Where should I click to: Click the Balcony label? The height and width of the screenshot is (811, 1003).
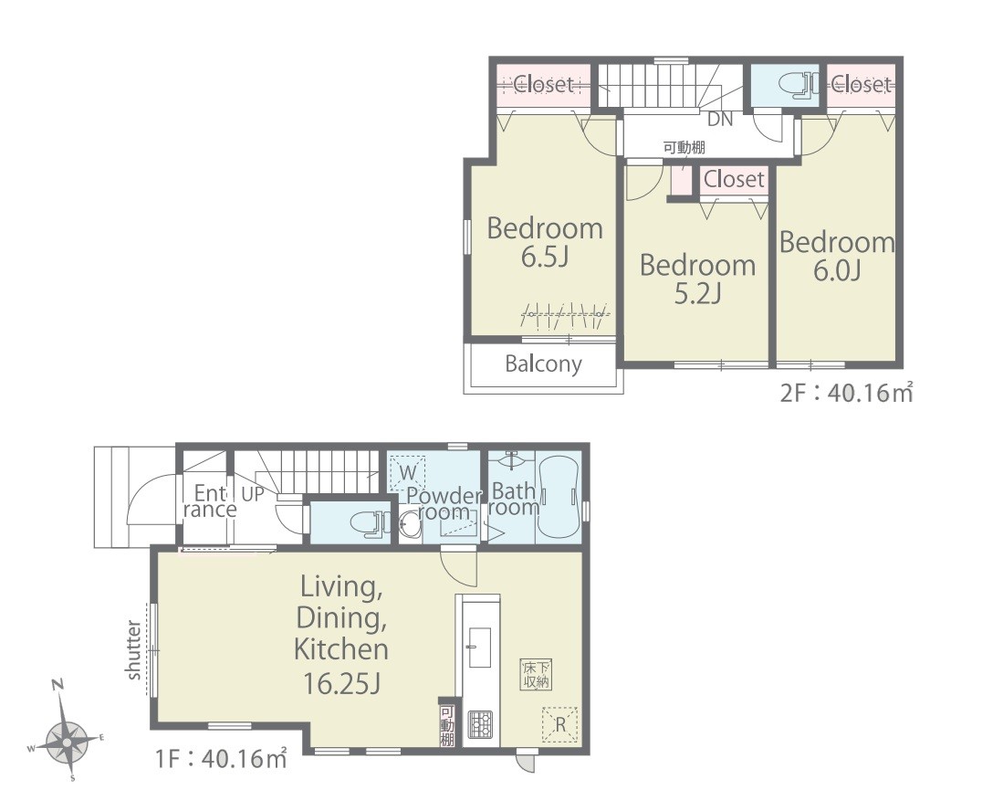pos(543,363)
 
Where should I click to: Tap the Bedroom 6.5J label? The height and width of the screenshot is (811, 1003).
pos(545,242)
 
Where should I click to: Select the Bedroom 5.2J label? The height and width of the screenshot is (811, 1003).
pos(698,279)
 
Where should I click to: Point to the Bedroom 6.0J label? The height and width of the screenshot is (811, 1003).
pos(837,256)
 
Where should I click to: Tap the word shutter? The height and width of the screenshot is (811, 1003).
pos(133,649)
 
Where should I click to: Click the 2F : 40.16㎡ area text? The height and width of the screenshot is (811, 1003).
pos(846,392)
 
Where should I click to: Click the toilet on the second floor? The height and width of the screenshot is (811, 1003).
pos(797,86)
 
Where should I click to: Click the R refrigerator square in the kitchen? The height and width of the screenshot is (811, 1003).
pos(559,724)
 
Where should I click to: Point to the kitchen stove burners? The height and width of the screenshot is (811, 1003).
pos(480,724)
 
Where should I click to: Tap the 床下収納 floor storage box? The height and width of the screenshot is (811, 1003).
pos(536,674)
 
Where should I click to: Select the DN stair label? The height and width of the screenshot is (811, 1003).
pos(720,119)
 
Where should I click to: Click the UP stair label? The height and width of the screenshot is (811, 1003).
pos(253,494)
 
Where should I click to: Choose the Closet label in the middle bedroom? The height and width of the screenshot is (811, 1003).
pos(734,179)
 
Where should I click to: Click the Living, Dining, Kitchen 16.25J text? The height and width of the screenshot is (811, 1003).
pos(341,635)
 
